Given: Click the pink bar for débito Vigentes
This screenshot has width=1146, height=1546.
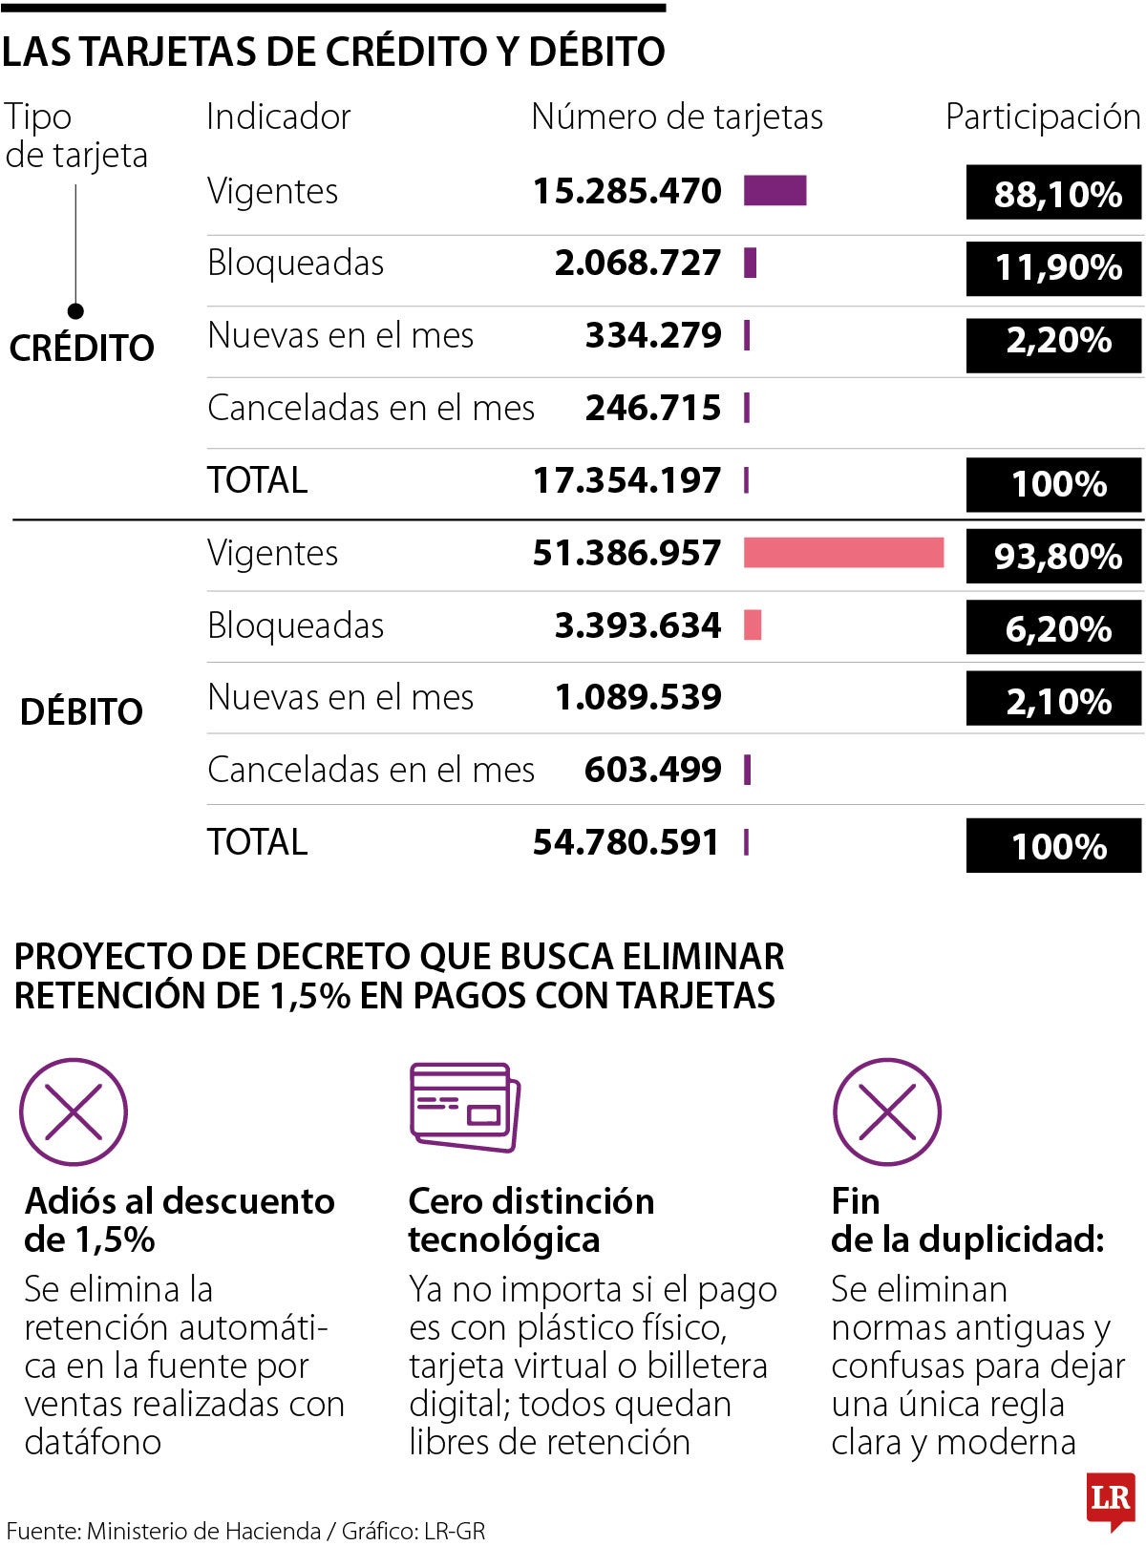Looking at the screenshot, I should click(843, 553).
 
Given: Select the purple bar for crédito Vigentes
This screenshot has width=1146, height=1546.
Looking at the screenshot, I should click(775, 191).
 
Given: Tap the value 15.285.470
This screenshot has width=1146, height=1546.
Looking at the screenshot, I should click(626, 191).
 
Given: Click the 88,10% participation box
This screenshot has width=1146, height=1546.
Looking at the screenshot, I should click(1053, 194).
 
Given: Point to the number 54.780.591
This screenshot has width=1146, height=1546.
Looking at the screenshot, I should click(626, 842).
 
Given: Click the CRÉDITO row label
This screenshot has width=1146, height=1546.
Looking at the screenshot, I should click(81, 348).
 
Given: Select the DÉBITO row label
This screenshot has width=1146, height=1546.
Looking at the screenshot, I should click(81, 711).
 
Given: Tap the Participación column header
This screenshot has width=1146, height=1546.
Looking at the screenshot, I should click(1043, 117).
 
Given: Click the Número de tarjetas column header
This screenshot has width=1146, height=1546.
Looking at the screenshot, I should click(676, 117).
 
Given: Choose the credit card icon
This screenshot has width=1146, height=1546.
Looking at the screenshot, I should click(465, 1107).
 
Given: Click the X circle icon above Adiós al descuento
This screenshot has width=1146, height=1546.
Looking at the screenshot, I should click(74, 1112).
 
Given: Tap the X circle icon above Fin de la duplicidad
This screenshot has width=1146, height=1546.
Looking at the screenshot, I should click(887, 1112).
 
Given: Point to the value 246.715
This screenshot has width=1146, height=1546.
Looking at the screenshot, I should click(653, 409).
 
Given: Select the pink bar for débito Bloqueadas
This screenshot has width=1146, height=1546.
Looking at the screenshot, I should click(753, 625).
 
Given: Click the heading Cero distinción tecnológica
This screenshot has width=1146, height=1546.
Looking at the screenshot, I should click(531, 1220).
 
